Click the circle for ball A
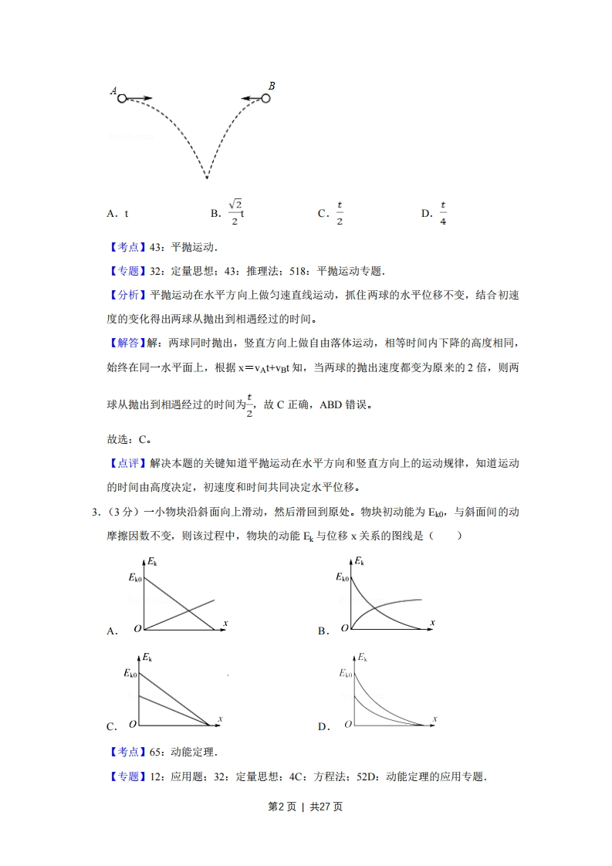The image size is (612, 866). [122, 98]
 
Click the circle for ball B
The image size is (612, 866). [266, 98]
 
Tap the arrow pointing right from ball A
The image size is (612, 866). [140, 98]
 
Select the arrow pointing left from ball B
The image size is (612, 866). [250, 98]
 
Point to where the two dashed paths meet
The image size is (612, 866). [207, 178]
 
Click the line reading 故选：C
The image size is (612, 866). [128, 439]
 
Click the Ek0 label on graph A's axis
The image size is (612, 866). [134, 577]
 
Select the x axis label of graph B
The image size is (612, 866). [433, 622]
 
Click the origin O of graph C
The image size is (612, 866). [134, 724]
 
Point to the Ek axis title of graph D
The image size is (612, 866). [361, 658]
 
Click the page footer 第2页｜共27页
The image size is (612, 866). [305, 807]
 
